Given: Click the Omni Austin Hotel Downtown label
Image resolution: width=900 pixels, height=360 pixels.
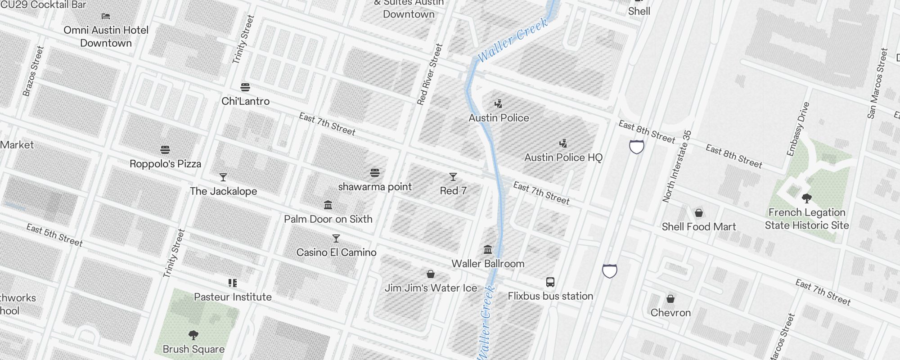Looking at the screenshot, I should pyautogui.click(x=106, y=36).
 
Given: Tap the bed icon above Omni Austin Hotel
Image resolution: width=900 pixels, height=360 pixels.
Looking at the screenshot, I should pyautogui.click(x=106, y=16).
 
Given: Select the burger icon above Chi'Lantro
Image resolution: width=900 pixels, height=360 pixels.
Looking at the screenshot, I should pyautogui.click(x=245, y=87).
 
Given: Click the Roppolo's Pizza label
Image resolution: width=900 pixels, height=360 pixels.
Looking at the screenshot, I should pyautogui.click(x=165, y=164).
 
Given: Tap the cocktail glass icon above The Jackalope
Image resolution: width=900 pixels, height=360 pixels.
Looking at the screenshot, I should pyautogui.click(x=223, y=177).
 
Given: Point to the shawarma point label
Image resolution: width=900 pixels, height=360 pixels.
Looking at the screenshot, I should pyautogui.click(x=375, y=187).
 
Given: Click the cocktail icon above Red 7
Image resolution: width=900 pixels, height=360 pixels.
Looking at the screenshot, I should pyautogui.click(x=453, y=177).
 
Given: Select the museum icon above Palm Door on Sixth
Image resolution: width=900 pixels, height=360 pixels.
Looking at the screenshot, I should pyautogui.click(x=328, y=205).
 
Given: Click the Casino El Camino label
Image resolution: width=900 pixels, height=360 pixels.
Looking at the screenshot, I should pyautogui.click(x=336, y=252).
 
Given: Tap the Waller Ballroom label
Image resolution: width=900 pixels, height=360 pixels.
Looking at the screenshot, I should pyautogui.click(x=488, y=264).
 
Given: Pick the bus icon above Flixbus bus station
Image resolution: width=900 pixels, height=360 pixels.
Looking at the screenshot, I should pyautogui.click(x=550, y=282).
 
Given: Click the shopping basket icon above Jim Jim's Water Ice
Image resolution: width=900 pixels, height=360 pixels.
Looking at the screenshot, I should pyautogui.click(x=431, y=274).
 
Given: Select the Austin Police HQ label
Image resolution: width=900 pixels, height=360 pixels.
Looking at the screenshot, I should pyautogui.click(x=563, y=157).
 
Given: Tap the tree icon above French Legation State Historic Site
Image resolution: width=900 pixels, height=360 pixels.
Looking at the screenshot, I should pyautogui.click(x=807, y=198).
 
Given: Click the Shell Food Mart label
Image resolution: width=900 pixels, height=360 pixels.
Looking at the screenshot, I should pyautogui.click(x=698, y=227).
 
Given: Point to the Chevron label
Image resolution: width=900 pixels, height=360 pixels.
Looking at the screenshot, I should pyautogui.click(x=670, y=313).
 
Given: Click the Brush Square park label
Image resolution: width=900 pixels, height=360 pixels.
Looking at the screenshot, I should pyautogui.click(x=193, y=349).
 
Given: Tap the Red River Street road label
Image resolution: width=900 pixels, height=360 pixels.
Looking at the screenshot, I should pyautogui.click(x=430, y=74).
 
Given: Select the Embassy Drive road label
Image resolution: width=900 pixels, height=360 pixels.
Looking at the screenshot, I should pyautogui.click(x=798, y=129).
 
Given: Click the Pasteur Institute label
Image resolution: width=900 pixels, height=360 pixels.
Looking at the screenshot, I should pyautogui.click(x=233, y=297).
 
